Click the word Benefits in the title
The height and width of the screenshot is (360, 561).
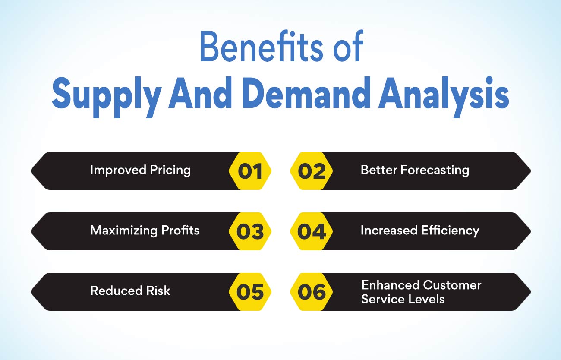tap(262, 46)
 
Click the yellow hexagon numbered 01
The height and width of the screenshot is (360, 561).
tap(250, 171)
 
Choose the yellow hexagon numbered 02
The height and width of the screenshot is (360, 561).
tap(312, 171)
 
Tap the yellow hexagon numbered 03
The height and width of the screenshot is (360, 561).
tap(250, 231)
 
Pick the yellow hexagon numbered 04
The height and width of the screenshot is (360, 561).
tap(312, 231)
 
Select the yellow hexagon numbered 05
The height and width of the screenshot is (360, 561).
tap(250, 292)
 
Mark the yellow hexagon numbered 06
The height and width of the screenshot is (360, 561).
tap(312, 292)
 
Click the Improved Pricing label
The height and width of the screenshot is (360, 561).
tap(141, 171)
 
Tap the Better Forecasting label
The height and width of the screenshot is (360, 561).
tap(415, 171)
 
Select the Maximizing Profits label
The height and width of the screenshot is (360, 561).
tap(145, 231)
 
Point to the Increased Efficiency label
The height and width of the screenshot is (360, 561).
tap(420, 231)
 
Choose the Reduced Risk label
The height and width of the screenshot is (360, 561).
tap(130, 291)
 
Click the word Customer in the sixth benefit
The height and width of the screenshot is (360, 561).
tap(452, 285)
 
